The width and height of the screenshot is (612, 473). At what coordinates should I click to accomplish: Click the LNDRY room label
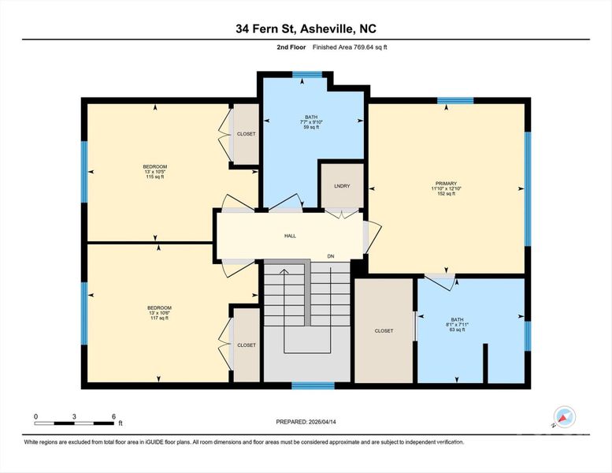341,185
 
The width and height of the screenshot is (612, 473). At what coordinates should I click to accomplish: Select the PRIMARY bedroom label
446,183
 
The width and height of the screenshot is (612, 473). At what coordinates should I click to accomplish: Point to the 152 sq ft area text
446,194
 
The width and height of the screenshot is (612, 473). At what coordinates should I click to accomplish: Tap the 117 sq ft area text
158,318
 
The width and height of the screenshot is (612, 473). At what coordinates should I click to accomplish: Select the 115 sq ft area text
154,177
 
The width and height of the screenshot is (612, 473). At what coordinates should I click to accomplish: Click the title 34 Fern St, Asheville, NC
306,29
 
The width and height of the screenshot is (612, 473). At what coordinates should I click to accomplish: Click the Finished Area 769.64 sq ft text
350,47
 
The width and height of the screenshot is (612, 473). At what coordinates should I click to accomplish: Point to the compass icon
565,417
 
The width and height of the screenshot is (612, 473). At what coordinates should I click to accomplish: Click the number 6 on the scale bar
113,415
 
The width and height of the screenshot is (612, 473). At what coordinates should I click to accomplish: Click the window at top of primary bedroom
455,101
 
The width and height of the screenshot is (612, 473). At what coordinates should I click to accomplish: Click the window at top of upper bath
307,75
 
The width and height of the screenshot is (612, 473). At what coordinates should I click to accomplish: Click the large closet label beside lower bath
384,331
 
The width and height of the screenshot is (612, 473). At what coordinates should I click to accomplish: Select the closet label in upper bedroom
247,134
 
